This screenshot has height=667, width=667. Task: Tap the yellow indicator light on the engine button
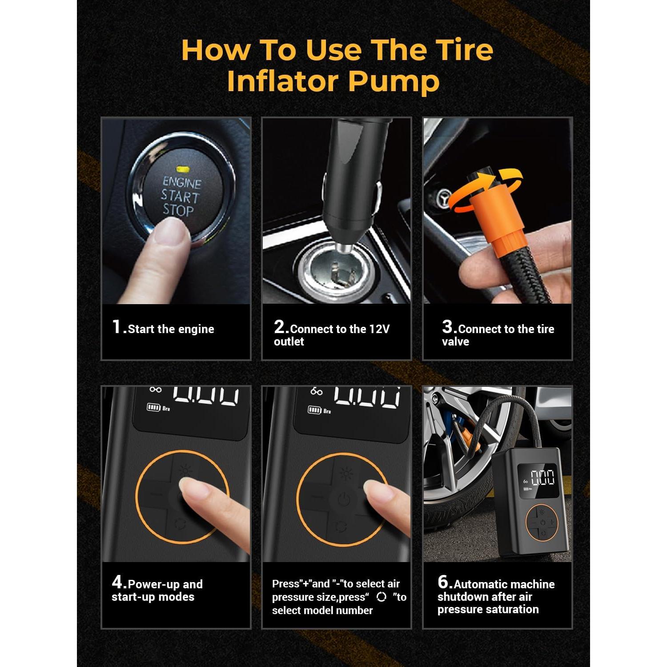click(x=182, y=169)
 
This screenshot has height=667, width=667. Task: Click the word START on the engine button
click(x=180, y=196)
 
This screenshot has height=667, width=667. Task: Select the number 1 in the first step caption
click(x=117, y=327)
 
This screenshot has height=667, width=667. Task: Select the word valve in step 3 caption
click(x=455, y=342)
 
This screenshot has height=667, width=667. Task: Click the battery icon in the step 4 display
click(x=153, y=407)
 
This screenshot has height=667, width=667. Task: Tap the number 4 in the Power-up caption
click(x=117, y=582)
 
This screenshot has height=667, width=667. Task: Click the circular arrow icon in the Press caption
click(x=381, y=597)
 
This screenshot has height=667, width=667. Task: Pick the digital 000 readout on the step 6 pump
click(x=543, y=478)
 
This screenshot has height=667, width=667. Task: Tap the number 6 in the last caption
click(x=443, y=582)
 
